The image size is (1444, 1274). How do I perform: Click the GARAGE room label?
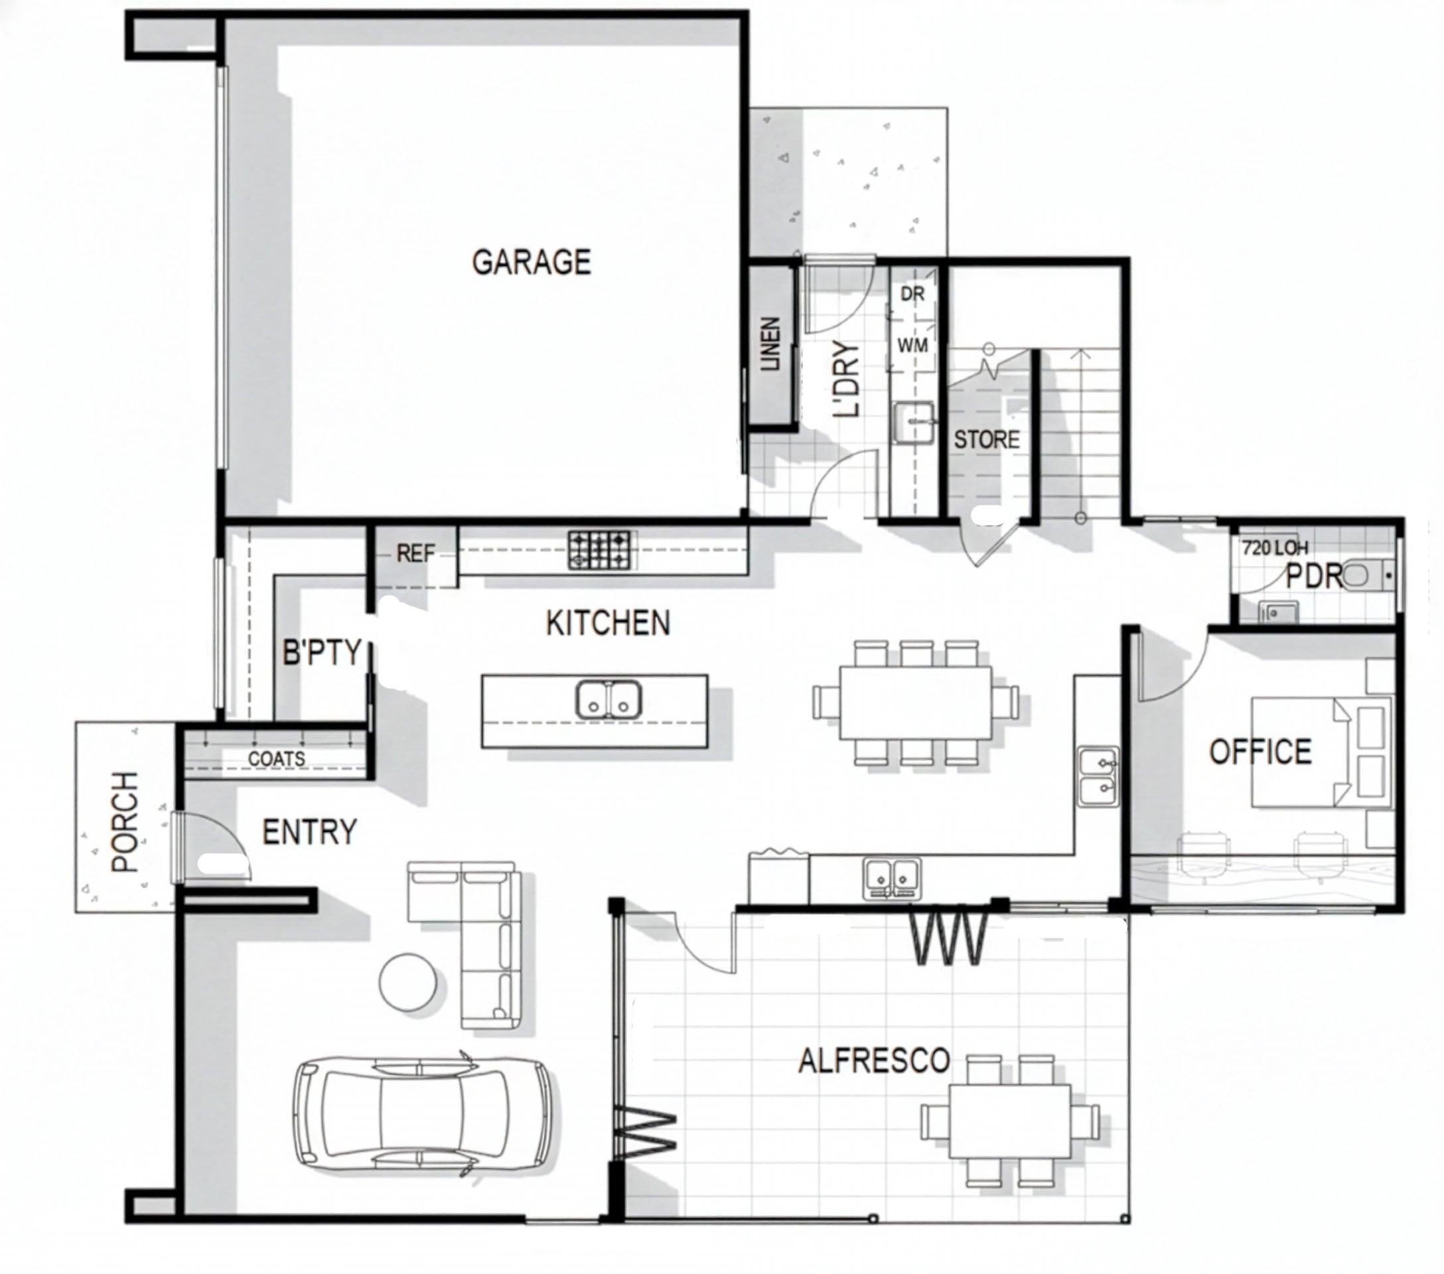click(x=532, y=262)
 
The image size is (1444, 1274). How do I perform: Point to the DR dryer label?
click(x=912, y=294)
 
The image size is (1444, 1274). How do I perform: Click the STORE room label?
click(x=987, y=440)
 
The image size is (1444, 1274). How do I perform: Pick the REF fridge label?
click(x=415, y=553)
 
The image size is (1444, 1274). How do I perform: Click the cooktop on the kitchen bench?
click(x=602, y=551)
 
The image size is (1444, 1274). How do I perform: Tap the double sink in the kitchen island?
click(x=609, y=699)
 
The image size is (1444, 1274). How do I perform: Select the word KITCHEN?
click(x=609, y=623)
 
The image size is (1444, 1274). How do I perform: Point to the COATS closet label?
click(x=276, y=758)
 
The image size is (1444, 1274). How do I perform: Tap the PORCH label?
click(x=125, y=821)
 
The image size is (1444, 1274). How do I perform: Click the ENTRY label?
click(x=309, y=832)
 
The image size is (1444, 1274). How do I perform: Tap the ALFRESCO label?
click(x=874, y=1061)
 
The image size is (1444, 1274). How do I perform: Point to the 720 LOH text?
click(x=1275, y=547)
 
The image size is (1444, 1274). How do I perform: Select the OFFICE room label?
click(x=1260, y=752)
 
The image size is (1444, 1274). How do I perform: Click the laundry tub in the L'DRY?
click(x=914, y=421)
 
